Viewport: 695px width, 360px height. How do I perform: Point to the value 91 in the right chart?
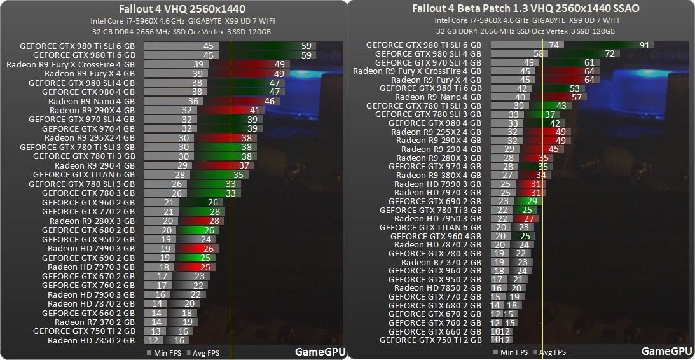pos(645,45)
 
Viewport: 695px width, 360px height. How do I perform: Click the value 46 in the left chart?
pos(269,101)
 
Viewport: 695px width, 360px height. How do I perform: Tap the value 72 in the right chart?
pos(608,54)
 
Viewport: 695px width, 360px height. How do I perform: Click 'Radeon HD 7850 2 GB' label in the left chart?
pos(91,340)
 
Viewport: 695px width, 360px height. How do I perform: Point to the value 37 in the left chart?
pos(243,165)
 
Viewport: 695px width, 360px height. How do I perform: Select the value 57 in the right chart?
pos(577,97)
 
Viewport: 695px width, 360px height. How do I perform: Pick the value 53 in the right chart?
pos(575,88)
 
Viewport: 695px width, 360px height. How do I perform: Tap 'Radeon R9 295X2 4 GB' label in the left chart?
pos(90,137)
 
